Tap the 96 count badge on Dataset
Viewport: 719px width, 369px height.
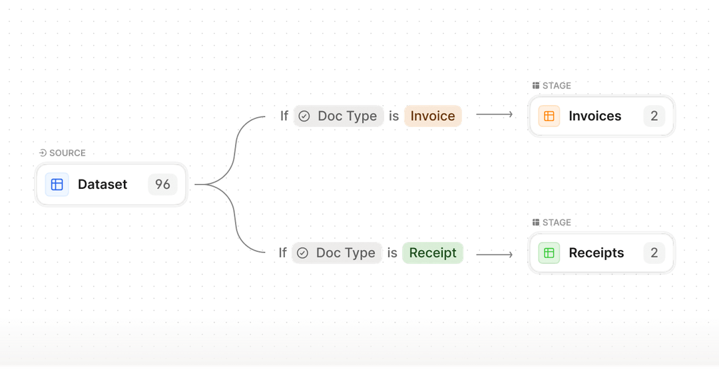(162, 184)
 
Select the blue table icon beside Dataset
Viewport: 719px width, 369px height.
(57, 184)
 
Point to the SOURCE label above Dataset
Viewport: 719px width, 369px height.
(63, 153)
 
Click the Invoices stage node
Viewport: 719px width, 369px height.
(601, 116)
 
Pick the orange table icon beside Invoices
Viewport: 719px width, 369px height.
(549, 116)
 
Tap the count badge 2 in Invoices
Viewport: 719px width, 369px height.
(654, 116)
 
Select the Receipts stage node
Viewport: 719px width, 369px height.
(601, 253)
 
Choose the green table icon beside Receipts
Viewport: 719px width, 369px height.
(549, 253)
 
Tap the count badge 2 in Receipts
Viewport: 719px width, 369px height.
(654, 253)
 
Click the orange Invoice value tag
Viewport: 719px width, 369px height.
(433, 116)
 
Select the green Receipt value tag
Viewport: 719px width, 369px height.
(433, 253)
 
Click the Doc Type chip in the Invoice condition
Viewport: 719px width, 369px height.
(339, 116)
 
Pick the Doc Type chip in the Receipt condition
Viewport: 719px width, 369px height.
(338, 253)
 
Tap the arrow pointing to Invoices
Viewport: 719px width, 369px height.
(495, 114)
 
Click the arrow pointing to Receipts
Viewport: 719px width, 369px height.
(495, 254)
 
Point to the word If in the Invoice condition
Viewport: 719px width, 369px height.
(284, 116)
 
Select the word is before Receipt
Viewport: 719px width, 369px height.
(393, 253)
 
